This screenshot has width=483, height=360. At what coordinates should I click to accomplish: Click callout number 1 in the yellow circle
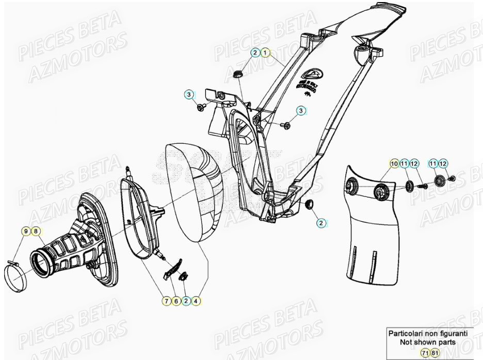(265, 53)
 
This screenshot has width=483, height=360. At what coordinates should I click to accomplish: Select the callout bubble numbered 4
(196, 301)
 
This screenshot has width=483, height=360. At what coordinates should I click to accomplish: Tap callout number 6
(176, 301)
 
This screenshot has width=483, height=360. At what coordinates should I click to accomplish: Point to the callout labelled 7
(167, 301)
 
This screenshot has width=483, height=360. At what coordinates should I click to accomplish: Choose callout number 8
(36, 232)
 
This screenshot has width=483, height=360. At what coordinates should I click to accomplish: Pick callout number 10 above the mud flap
(394, 164)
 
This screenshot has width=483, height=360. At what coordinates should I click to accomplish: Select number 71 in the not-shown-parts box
(424, 353)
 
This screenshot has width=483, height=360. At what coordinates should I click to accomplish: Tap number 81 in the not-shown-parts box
(434, 353)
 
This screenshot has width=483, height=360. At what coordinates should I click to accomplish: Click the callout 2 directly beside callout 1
(255, 53)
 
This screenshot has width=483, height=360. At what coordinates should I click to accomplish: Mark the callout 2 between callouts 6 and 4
(186, 301)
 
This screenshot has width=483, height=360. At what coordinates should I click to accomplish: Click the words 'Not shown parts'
(428, 342)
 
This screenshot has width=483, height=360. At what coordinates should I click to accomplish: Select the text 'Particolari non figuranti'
(428, 333)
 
